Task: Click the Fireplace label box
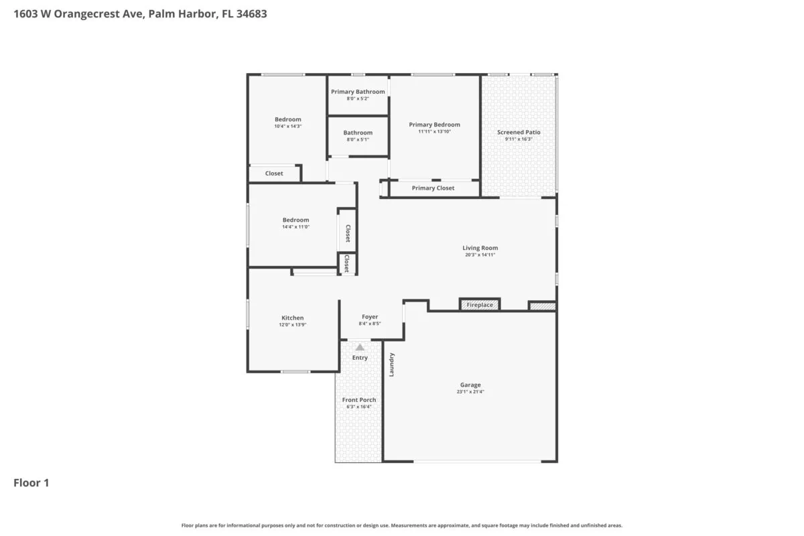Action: (480, 305)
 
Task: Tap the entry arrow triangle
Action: (360, 347)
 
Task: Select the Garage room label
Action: (470, 385)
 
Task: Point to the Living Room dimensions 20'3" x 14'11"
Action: (480, 255)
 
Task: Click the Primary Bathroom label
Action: (358, 92)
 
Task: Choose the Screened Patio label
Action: (519, 132)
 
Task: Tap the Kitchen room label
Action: (292, 318)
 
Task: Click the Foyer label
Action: (370, 317)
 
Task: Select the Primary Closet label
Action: (433, 188)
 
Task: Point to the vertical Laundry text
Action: (392, 364)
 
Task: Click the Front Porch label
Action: (359, 400)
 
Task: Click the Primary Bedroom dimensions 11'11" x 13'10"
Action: (435, 131)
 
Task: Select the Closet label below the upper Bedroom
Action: (274, 174)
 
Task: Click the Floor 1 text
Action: (31, 482)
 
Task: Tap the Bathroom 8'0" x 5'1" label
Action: (358, 133)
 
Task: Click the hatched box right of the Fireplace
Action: (542, 306)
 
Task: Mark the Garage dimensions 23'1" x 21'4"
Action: (470, 392)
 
